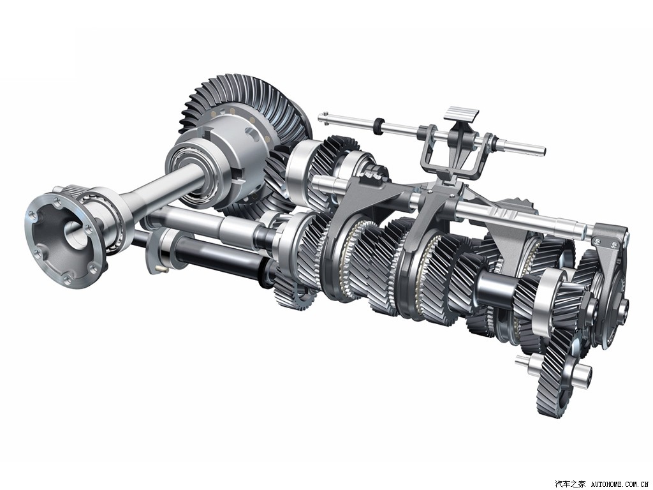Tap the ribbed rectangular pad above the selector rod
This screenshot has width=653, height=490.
[x=462, y=114]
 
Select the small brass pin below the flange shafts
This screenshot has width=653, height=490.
[x=163, y=269]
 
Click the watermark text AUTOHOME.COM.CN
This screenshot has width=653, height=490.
[x=620, y=484]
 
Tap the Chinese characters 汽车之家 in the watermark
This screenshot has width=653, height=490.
[x=571, y=484]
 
